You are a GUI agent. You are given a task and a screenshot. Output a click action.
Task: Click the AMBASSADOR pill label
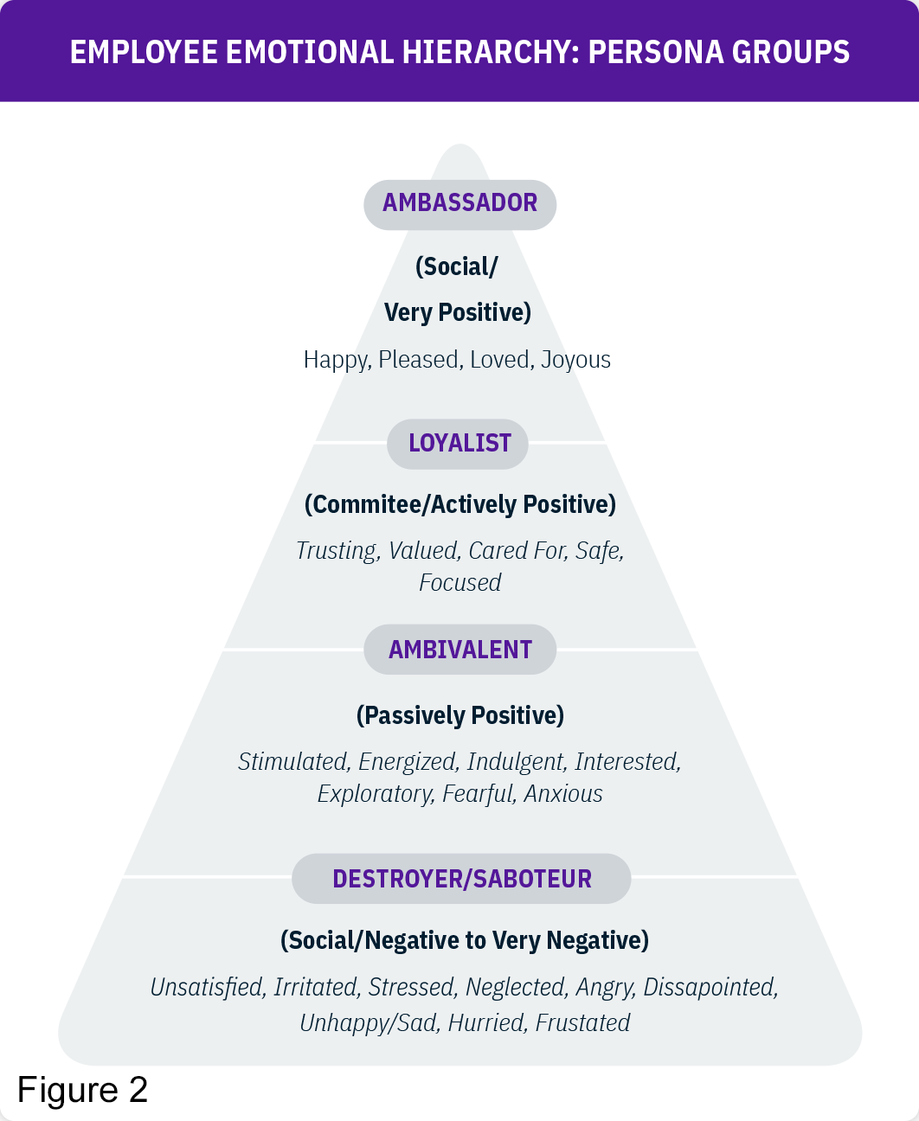(459, 204)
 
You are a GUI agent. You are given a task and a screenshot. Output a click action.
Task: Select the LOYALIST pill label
(459, 444)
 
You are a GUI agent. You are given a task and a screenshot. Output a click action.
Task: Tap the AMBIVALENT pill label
(459, 650)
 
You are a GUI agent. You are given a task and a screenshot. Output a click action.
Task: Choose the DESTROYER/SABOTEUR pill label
(461, 879)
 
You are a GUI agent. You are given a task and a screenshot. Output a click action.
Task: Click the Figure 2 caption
(82, 1090)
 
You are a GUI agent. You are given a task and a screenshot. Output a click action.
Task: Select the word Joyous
(575, 360)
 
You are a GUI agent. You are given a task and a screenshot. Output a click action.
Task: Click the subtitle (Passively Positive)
(459, 715)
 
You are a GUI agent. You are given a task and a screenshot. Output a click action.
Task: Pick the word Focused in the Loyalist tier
(459, 583)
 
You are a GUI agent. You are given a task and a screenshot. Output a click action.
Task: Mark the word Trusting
(337, 551)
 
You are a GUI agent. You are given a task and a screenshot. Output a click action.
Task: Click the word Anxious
(562, 794)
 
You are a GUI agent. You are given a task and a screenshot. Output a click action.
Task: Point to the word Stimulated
(293, 762)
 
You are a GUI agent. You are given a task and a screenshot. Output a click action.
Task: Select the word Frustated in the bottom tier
(582, 1023)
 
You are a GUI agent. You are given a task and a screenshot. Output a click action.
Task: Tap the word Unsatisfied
(207, 988)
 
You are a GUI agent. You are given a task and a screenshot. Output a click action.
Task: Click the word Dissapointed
(710, 988)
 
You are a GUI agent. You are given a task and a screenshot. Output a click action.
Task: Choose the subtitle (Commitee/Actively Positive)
(459, 505)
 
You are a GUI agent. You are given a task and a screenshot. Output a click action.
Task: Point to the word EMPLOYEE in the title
(144, 53)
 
